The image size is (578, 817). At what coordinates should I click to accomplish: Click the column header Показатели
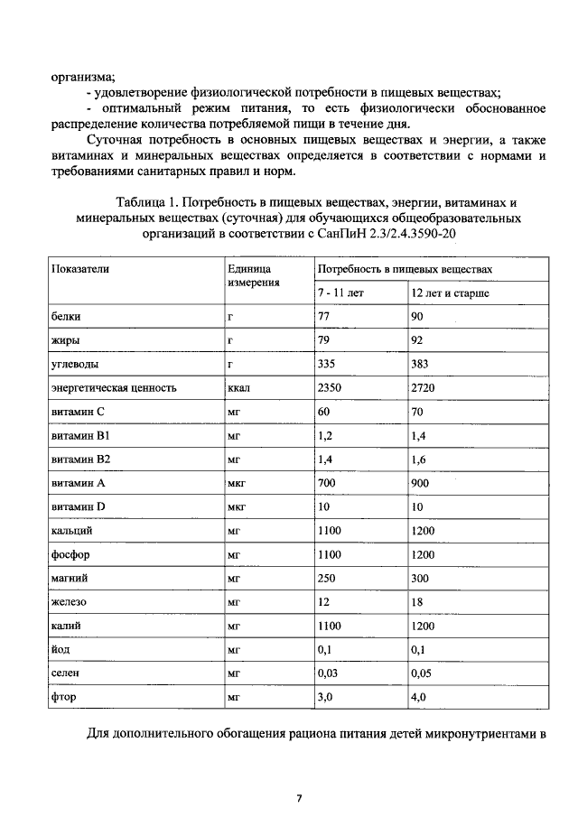(79, 270)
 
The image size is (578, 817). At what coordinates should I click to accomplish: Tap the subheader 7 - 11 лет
(340, 293)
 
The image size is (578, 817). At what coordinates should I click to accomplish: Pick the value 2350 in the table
(331, 387)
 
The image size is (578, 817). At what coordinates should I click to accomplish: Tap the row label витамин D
(79, 506)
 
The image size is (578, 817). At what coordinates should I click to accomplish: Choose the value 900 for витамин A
(421, 482)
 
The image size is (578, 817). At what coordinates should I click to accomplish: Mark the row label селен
(67, 673)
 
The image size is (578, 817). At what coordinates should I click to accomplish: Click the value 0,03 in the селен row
(330, 673)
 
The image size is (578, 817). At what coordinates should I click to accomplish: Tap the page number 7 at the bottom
(299, 798)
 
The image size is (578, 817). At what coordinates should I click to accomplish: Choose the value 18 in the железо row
(416, 600)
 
